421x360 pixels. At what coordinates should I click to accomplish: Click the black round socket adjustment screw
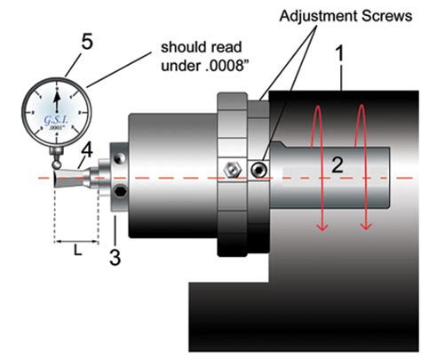coord(258,168)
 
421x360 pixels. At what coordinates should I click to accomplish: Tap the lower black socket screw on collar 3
coord(118,192)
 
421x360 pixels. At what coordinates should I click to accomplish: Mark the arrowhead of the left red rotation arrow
coord(322,228)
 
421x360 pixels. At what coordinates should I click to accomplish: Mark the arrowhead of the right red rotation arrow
coord(363,228)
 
